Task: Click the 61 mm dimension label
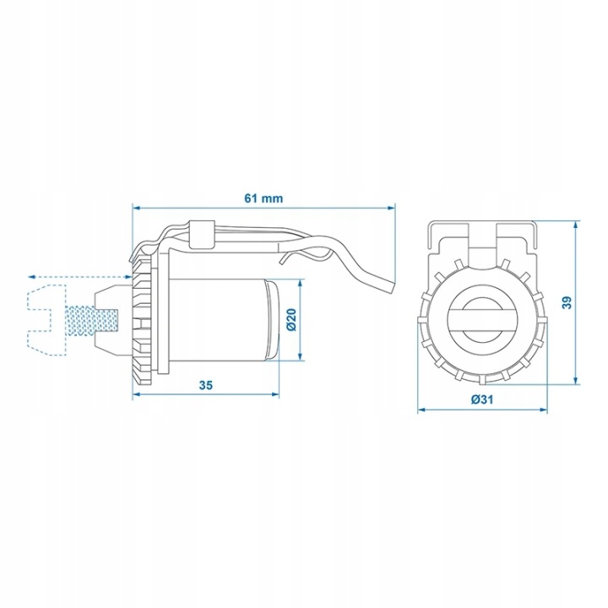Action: click(263, 198)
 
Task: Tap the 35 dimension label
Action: click(206, 385)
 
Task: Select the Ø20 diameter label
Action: click(291, 319)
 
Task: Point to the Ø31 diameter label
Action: click(482, 399)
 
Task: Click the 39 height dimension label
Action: click(567, 302)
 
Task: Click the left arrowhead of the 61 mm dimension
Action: click(136, 209)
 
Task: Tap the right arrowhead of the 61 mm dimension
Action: click(391, 209)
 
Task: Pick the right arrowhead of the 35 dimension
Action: click(275, 394)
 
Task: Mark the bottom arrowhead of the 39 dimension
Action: click(576, 381)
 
